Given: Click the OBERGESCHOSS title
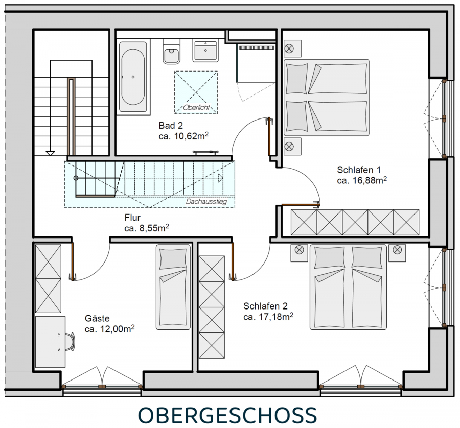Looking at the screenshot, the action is (x=227, y=415).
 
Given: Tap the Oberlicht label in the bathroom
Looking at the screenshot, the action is (x=197, y=108).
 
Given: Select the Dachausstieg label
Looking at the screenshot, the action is (x=206, y=202).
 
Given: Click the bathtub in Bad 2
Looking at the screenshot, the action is (x=133, y=77).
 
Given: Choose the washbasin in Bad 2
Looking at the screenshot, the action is (x=205, y=51).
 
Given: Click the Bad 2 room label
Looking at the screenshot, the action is (x=171, y=126).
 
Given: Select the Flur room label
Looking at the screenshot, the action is (x=132, y=218).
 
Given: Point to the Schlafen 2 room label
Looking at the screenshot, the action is (x=265, y=306).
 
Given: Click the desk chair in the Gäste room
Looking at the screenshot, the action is (x=70, y=342).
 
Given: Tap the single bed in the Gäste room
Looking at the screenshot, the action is (x=173, y=287).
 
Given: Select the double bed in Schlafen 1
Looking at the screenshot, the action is (x=326, y=98).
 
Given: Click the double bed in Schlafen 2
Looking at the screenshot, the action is (x=348, y=287).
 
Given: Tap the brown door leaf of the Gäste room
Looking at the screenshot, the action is (x=72, y=259).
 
